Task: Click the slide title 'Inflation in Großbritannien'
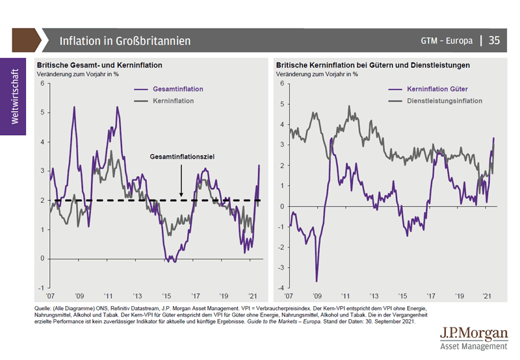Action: pyautogui.click(x=125, y=40)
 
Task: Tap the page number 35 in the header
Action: pyautogui.click(x=494, y=40)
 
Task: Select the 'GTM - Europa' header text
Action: pyautogui.click(x=447, y=40)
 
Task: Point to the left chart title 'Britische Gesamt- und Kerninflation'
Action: pyautogui.click(x=99, y=66)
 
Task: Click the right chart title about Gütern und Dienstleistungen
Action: pyautogui.click(x=372, y=66)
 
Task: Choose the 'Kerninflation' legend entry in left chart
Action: pyautogui.click(x=174, y=101)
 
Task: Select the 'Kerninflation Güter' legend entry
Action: pyautogui.click(x=437, y=89)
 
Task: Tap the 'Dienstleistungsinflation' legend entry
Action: pyautogui.click(x=444, y=101)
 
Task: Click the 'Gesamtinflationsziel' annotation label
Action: pyautogui.click(x=182, y=157)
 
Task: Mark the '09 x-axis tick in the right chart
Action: pyautogui.click(x=317, y=294)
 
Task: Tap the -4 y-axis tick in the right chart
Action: pyautogui.click(x=281, y=288)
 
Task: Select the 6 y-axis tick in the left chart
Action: pyautogui.click(x=42, y=83)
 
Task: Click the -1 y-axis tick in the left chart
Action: pyautogui.click(x=40, y=288)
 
